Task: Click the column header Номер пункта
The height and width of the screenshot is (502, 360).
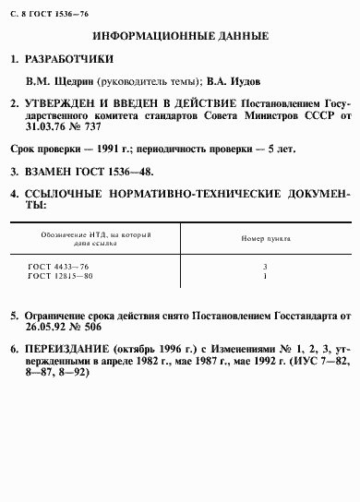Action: point(265,238)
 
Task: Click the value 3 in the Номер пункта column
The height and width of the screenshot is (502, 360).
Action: point(265,266)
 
